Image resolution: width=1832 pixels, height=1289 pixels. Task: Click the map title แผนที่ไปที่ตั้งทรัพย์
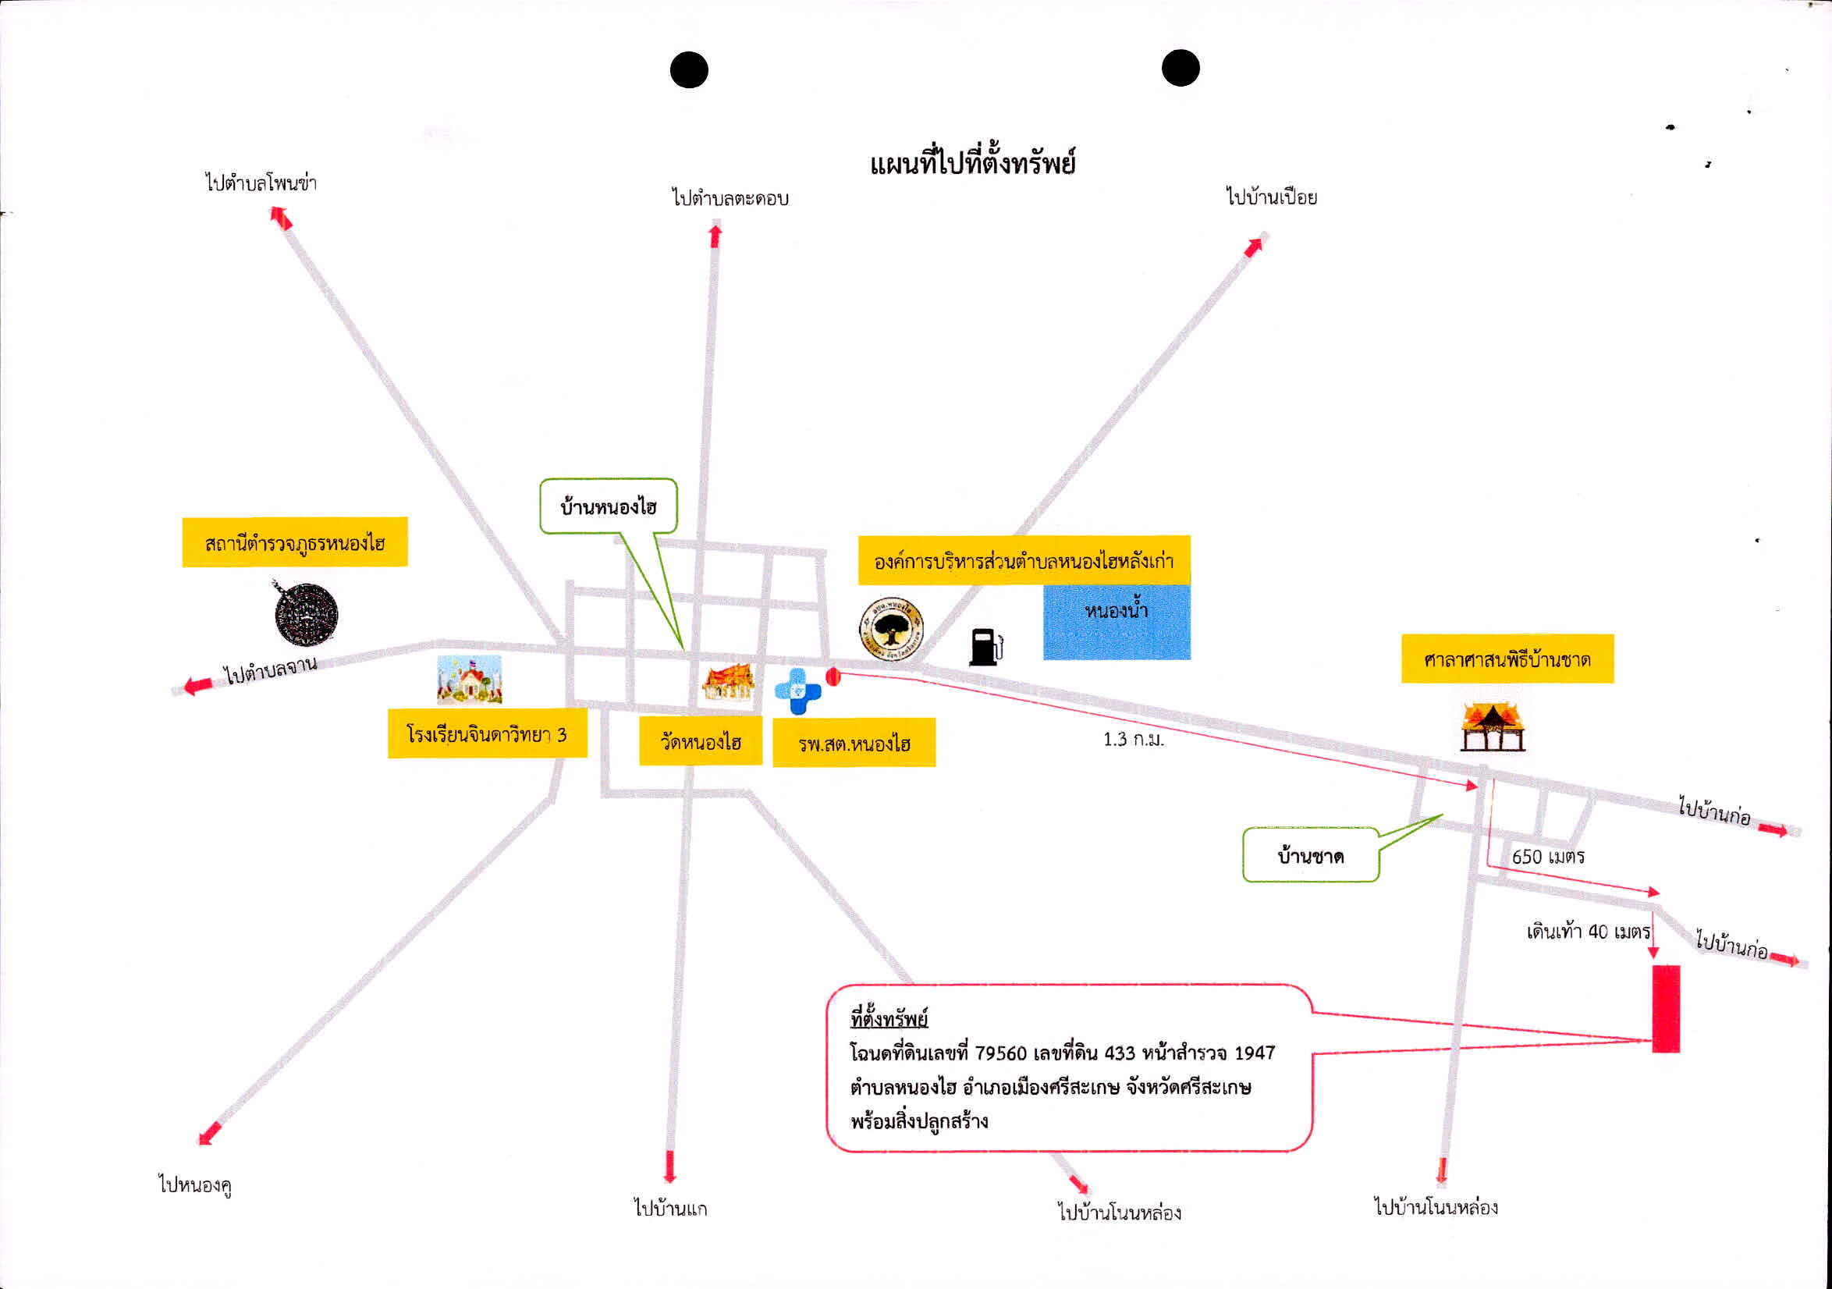coord(973,164)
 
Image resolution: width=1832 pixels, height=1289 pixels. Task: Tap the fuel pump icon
coord(986,647)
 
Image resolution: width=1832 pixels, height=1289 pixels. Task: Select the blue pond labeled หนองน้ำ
coord(1117,622)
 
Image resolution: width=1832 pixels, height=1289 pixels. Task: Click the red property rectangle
coord(1666,1009)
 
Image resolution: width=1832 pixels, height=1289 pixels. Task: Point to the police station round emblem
coord(306,614)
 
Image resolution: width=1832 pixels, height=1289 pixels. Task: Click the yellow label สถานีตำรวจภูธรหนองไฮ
coord(295,543)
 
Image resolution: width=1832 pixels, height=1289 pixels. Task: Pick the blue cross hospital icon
coord(798,691)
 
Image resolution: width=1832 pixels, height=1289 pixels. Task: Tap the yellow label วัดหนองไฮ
coord(701,741)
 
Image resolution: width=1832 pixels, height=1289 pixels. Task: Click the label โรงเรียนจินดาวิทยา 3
coord(488,733)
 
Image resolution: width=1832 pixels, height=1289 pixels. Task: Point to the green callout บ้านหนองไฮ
coord(609,506)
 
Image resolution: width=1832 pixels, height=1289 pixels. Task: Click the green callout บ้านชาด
coord(1311,856)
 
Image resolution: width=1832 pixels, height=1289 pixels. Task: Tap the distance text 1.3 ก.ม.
coord(1133,739)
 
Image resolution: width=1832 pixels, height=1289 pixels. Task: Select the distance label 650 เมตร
coord(1548,857)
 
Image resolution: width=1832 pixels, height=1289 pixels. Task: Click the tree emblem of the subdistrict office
coord(891,627)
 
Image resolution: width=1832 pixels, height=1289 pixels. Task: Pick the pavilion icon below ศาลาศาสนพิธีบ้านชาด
coord(1492,726)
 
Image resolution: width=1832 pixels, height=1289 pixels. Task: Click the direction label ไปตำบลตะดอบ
coord(730,198)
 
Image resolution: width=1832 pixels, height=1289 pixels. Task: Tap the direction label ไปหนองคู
coord(196,1184)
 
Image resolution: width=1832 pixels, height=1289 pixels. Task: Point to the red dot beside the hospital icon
coord(833,676)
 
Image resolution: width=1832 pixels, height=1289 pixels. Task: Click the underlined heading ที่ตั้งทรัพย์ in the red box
coord(889,1018)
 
